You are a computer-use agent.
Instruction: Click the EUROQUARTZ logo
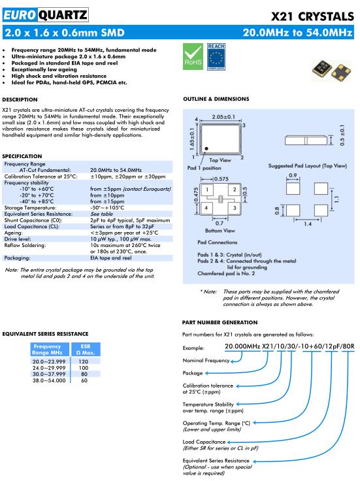tap(45, 15)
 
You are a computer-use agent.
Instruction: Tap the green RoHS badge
tap(193, 56)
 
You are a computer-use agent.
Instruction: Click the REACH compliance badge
tap(216, 56)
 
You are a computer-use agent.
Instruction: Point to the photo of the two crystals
tap(331, 70)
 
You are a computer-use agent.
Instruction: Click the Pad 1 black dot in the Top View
tap(206, 148)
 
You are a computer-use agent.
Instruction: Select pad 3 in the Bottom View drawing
tap(235, 208)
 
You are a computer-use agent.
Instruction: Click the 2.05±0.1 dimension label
tap(223, 117)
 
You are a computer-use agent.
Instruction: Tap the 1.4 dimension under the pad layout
tap(308, 224)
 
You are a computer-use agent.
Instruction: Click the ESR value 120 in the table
tap(83, 361)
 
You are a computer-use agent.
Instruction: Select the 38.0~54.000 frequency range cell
tap(49, 380)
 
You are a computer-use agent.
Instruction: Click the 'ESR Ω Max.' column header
tap(86, 350)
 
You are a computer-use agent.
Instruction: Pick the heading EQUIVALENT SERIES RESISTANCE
tap(45, 334)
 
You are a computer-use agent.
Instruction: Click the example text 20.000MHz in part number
tap(242, 346)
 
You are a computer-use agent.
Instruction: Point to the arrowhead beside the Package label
tap(207, 373)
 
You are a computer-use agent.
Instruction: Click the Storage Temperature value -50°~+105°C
tap(107, 208)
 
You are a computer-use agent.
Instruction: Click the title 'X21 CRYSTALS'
tap(312, 16)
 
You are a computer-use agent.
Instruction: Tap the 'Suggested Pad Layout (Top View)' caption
tap(308, 166)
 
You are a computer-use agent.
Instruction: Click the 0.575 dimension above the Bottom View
tap(221, 179)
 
